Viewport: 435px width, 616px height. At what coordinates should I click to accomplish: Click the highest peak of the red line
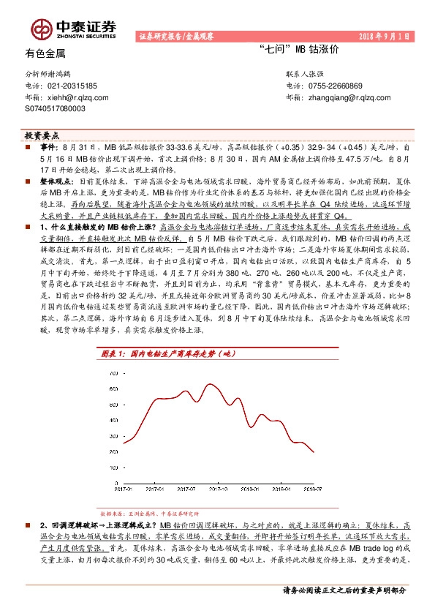pos(211,384)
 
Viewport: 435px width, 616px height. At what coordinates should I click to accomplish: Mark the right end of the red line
pos(314,453)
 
